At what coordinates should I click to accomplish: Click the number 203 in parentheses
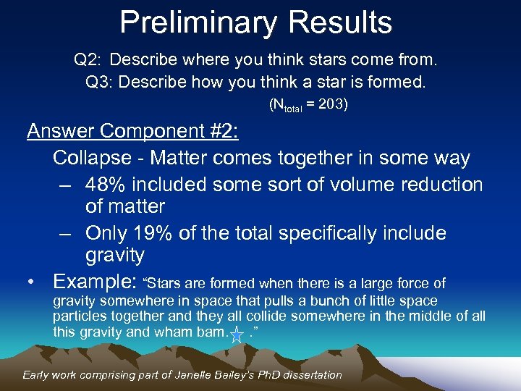pyautogui.click(x=331, y=105)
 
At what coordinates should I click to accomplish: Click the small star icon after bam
pyautogui.click(x=237, y=335)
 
